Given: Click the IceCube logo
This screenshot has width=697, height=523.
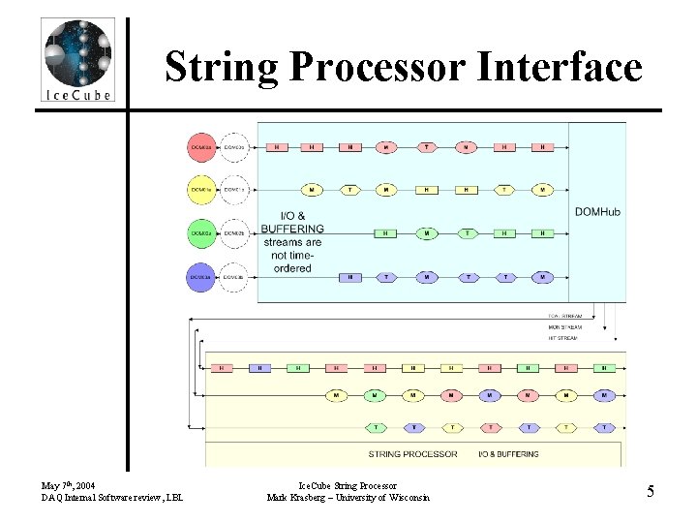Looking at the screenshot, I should pos(77,60).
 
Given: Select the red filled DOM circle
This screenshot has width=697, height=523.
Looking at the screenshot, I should pos(201,147).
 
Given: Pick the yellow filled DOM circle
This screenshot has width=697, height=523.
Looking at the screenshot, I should pos(201,190).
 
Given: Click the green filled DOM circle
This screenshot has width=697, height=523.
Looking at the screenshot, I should pos(201,233).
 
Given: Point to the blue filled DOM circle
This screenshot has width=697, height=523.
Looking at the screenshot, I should pos(201,277).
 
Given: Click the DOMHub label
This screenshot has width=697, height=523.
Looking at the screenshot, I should pos(596,212).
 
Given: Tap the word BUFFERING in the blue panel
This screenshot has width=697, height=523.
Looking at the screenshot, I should pos(292,229).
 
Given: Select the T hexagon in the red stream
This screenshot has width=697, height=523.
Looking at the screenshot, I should pos(426,147).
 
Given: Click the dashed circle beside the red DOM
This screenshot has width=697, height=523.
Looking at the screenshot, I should pos(235,147).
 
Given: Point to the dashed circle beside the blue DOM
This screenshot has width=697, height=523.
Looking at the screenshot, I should pos(235,277).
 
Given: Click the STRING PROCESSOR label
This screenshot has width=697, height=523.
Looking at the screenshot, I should pos(412,453).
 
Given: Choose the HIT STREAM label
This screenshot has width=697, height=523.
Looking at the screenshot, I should pos(562,338).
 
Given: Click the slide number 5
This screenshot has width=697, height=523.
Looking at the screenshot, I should pos(651,491).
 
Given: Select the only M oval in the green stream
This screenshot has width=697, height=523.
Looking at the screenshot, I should pos(426,233).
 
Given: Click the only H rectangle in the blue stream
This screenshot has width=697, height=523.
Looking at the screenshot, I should pos(349,277).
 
